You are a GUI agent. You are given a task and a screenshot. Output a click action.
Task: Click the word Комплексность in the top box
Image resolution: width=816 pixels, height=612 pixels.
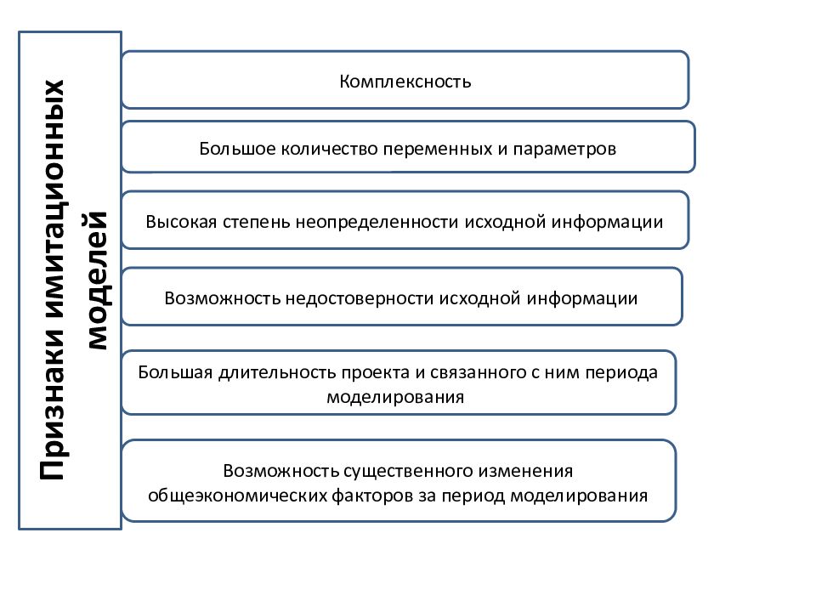tap(405, 82)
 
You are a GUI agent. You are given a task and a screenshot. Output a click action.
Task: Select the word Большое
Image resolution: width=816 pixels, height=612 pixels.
tap(237, 149)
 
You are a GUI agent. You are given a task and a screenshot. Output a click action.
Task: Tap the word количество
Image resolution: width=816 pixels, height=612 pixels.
tap(330, 149)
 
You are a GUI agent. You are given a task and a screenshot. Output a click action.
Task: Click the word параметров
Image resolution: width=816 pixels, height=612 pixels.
tap(564, 150)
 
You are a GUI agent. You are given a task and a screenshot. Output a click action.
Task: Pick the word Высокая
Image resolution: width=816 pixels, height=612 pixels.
tap(181, 222)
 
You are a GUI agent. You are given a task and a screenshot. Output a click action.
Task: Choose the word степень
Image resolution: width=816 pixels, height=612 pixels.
tap(256, 223)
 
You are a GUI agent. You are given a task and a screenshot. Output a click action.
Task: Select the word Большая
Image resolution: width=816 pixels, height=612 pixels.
tap(175, 372)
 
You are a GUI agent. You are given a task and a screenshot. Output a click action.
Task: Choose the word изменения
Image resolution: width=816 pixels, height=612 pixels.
tap(525, 472)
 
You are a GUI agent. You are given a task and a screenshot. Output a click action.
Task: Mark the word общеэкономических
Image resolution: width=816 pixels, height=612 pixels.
tap(237, 496)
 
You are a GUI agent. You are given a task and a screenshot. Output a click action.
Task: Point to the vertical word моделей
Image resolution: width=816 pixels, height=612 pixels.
tap(97, 280)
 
